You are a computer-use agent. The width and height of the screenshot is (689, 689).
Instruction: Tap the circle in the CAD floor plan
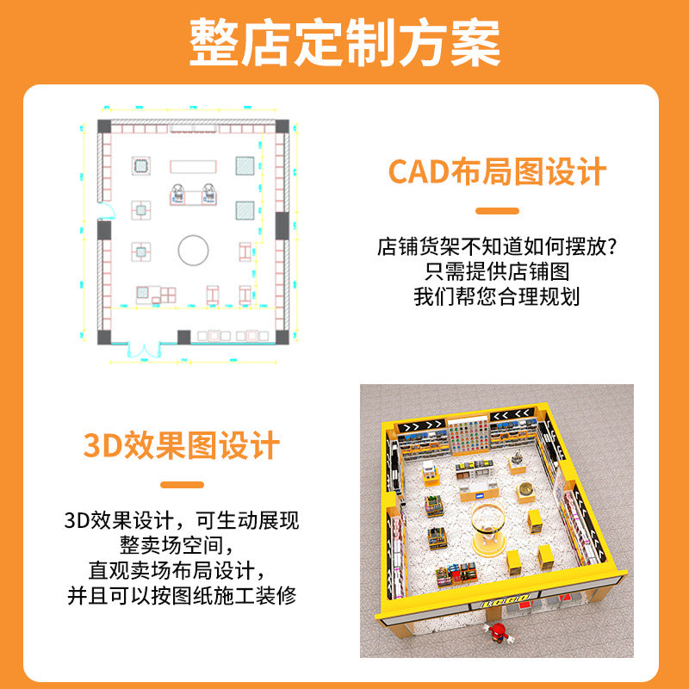(194, 251)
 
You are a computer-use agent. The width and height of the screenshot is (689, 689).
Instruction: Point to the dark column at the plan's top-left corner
(104, 127)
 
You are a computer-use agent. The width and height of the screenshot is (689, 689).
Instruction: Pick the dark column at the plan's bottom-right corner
(281, 336)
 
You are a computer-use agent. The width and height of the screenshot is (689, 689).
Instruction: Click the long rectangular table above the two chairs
(195, 165)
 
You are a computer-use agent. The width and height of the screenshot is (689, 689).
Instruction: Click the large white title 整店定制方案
(344, 42)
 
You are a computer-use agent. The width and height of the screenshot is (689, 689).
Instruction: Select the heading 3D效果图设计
(182, 445)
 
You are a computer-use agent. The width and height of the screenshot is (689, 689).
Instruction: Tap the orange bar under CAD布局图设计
(497, 210)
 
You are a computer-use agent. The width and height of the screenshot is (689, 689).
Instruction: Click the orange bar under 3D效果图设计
(182, 484)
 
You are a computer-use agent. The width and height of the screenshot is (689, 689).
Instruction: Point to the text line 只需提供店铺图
(497, 273)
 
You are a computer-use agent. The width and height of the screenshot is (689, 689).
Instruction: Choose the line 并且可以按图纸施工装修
(182, 594)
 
